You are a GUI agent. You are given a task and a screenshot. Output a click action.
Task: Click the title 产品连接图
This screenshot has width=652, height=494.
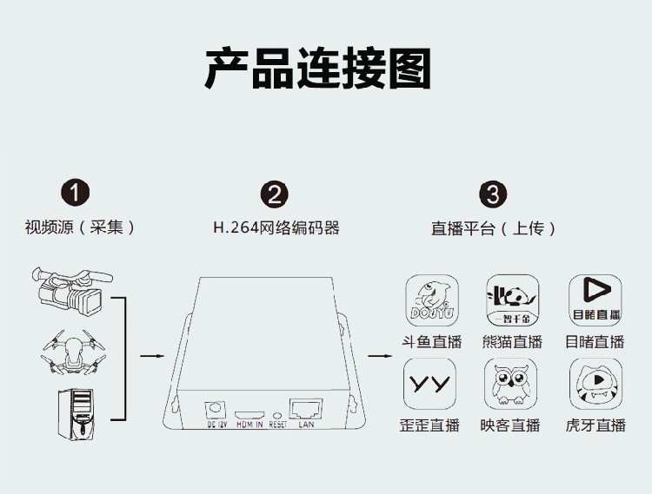pyautogui.click(x=318, y=69)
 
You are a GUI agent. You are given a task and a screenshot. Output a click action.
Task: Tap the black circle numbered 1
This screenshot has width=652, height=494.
pyautogui.click(x=77, y=193)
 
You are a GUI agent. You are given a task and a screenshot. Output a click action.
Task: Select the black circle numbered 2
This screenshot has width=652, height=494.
pyautogui.click(x=275, y=194)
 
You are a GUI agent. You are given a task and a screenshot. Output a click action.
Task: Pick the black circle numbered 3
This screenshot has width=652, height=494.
pyautogui.click(x=493, y=194)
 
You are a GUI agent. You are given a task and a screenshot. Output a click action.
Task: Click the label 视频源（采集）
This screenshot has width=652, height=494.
pyautogui.click(x=81, y=227)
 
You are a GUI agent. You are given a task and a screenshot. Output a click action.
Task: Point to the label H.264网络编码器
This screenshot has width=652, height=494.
pyautogui.click(x=276, y=228)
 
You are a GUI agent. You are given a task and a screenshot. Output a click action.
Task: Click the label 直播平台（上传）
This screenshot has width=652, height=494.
pyautogui.click(x=493, y=228)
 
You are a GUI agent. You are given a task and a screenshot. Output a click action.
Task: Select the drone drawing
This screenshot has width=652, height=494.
pyautogui.click(x=73, y=352)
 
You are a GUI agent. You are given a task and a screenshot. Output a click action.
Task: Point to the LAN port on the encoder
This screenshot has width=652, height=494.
pyautogui.click(x=306, y=407)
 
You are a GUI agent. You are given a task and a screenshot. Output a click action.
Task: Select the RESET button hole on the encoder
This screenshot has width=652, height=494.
pyautogui.click(x=277, y=415)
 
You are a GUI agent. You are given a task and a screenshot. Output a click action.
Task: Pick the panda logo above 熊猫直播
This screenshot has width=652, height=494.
pyautogui.click(x=510, y=300)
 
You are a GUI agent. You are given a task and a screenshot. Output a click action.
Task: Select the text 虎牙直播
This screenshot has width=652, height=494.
pyautogui.click(x=595, y=425)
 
